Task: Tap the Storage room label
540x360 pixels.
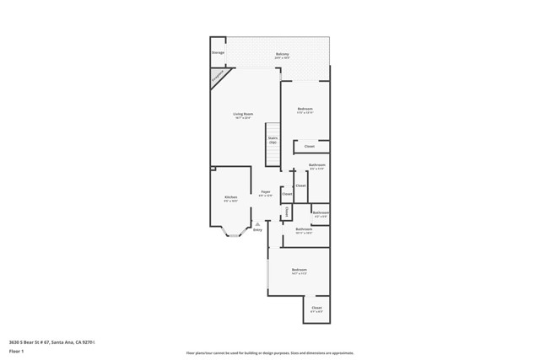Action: (x=218, y=52)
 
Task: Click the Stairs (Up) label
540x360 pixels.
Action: (x=273, y=140)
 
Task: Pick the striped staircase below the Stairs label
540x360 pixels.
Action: (x=273, y=157)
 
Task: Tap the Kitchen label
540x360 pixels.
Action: (x=230, y=199)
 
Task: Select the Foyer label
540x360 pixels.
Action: (x=265, y=193)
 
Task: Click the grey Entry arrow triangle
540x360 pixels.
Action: (x=257, y=223)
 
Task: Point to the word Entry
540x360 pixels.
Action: (x=257, y=229)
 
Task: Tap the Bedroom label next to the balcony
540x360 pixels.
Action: (x=305, y=110)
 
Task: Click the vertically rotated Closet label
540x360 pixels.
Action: (x=287, y=212)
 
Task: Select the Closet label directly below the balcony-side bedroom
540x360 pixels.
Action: (x=310, y=146)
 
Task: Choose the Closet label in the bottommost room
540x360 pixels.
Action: (x=316, y=309)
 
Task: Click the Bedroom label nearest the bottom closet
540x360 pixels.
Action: (x=299, y=271)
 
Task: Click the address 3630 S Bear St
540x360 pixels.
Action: (x=51, y=341)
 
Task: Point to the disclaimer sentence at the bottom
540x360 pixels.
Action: (x=269, y=353)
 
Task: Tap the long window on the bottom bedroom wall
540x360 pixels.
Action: (x=268, y=272)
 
